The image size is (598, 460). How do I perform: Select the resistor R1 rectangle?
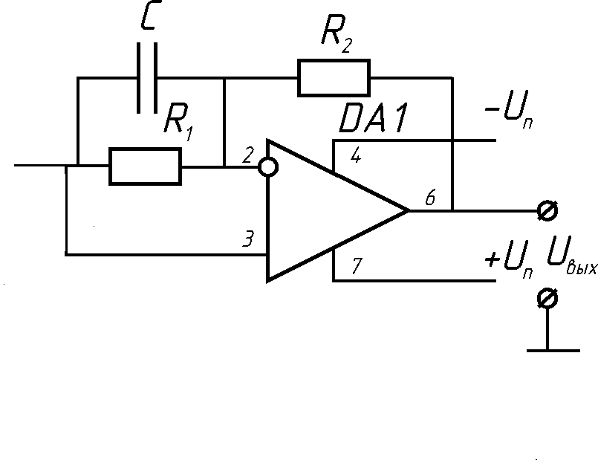(x=145, y=166)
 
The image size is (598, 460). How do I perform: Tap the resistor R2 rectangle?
(x=334, y=78)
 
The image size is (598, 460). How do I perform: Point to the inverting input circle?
(x=269, y=166)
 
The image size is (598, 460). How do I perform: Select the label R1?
(x=178, y=120)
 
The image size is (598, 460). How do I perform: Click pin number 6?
(x=430, y=198)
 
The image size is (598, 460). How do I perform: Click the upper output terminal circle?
(x=547, y=210)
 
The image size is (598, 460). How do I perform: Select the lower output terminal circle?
(x=547, y=299)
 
